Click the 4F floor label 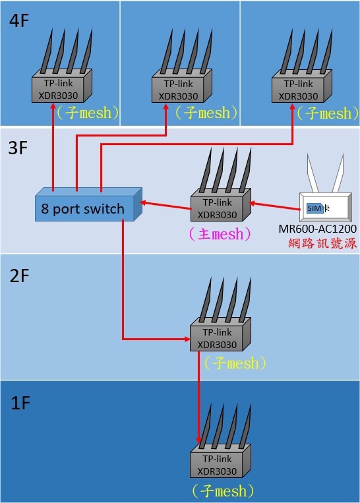tap(19, 20)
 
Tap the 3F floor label tap(18, 148)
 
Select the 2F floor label tap(19, 276)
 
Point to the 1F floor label tap(20, 403)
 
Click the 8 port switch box tap(88, 204)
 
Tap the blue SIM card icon tap(315, 208)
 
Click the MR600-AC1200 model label tap(317, 229)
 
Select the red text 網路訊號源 tap(322, 243)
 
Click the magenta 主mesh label tap(220, 234)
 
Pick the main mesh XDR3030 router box tap(221, 204)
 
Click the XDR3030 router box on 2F tap(220, 335)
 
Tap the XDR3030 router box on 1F tap(220, 461)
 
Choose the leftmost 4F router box tap(62, 86)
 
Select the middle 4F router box tap(181, 86)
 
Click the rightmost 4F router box tap(301, 86)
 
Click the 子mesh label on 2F tap(235, 363)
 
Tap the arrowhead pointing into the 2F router tap(187, 339)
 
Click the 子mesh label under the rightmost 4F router tap(328, 113)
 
